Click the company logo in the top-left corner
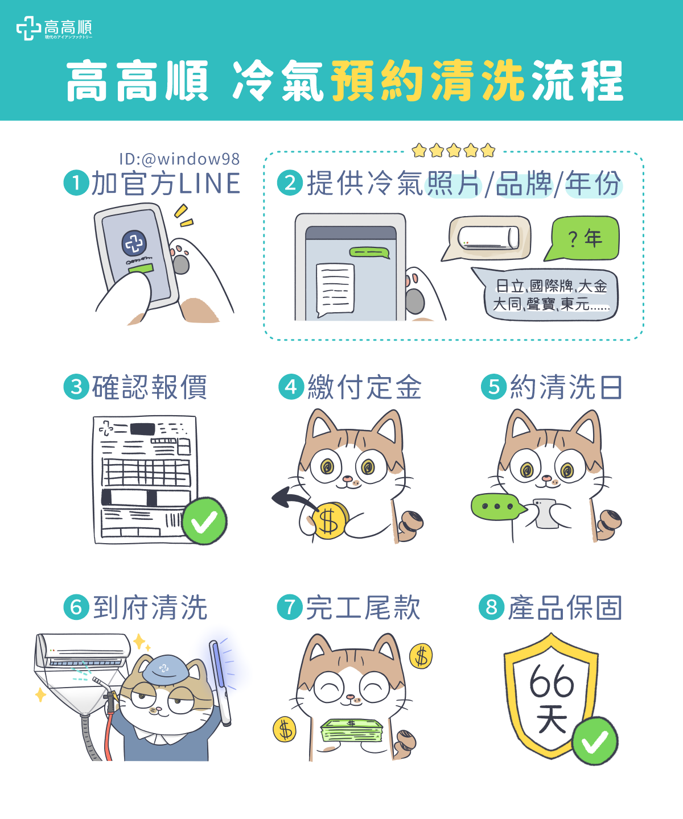[x=54, y=28]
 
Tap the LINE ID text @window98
[x=179, y=159]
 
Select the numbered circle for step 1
[x=76, y=183]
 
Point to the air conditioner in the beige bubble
[x=489, y=238]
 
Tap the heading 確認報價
[x=149, y=388]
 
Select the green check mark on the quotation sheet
[x=204, y=521]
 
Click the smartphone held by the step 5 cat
[x=546, y=512]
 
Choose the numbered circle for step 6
[x=76, y=607]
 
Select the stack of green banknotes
[x=352, y=731]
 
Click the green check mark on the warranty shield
[x=595, y=741]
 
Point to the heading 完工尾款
[x=363, y=607]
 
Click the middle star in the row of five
[x=454, y=151]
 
